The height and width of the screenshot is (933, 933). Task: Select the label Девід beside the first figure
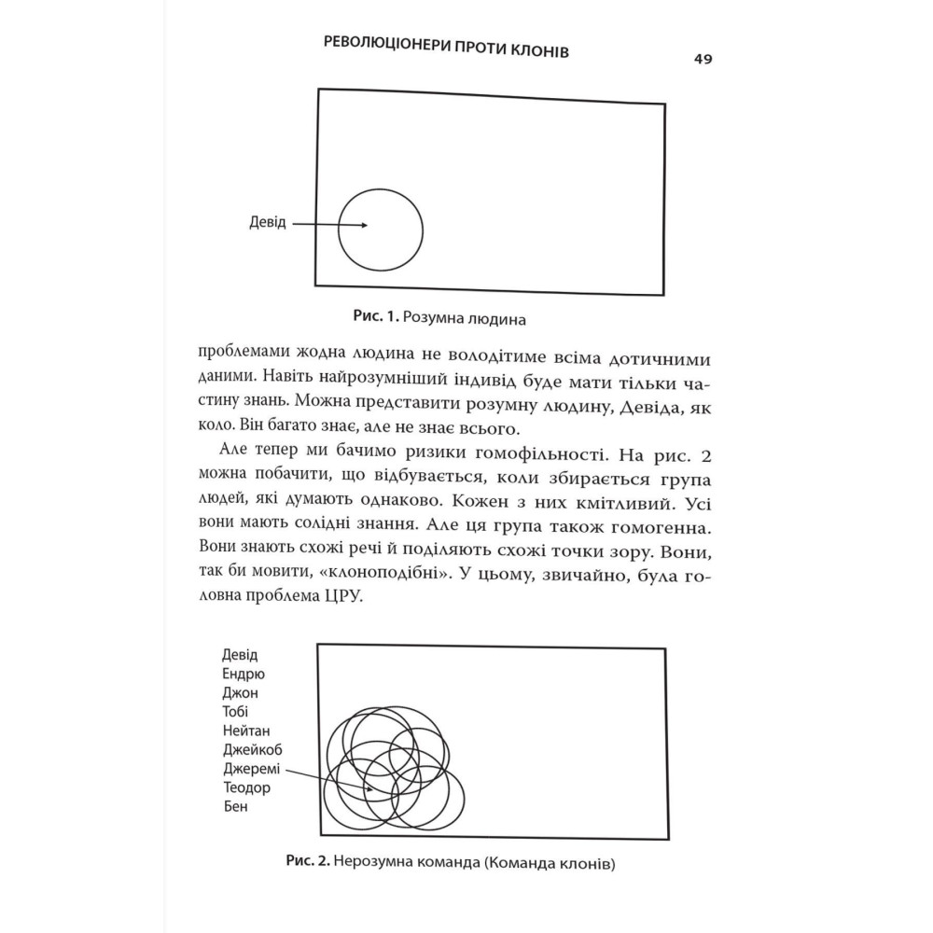[269, 223]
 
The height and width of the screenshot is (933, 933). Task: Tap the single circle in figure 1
[380, 230]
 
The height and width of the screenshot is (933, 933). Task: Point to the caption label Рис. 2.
[305, 862]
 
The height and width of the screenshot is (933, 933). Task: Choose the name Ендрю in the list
[244, 674]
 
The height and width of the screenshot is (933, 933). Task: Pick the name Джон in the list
[241, 693]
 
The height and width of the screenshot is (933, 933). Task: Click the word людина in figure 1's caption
[494, 318]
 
